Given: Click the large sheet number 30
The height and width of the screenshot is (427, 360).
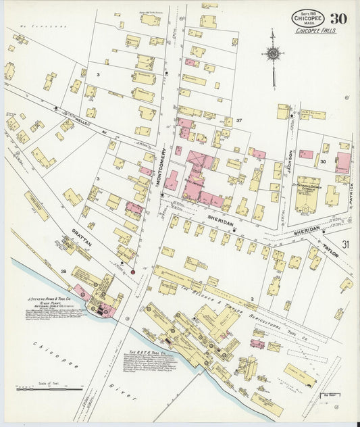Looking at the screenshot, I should tap(339, 18).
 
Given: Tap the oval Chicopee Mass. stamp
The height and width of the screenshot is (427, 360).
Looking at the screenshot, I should tap(307, 18).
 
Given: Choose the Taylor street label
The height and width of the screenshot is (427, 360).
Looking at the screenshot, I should tap(330, 251).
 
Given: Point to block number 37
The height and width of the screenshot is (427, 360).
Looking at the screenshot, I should tap(238, 120).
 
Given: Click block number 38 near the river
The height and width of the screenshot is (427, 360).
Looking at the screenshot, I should tap(64, 271).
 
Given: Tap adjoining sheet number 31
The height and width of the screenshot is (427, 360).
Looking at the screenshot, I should tap(346, 244).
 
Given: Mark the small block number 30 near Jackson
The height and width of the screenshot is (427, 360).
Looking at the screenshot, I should tap(323, 162).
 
